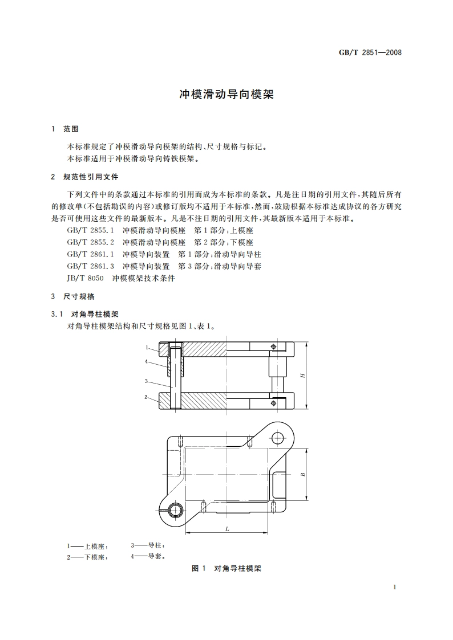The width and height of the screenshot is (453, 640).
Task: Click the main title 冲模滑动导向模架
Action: (226, 95)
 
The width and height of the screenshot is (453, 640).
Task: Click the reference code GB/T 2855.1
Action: (91, 230)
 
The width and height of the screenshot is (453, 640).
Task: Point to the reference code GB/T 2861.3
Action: (91, 266)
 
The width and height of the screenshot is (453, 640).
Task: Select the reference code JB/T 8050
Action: (86, 278)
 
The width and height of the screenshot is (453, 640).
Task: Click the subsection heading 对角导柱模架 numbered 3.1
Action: (94, 314)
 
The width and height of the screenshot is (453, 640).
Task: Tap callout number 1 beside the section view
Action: (147, 348)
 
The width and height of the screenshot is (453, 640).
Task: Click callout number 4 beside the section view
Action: (147, 361)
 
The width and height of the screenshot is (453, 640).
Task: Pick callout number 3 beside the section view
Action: (147, 381)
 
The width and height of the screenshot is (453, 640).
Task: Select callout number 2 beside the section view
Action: (147, 397)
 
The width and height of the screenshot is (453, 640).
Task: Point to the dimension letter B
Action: (303, 474)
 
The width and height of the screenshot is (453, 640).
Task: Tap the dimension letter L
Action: (227, 529)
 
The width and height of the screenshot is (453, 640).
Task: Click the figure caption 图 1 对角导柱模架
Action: (226, 568)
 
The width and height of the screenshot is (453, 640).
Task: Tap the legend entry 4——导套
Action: (148, 556)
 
